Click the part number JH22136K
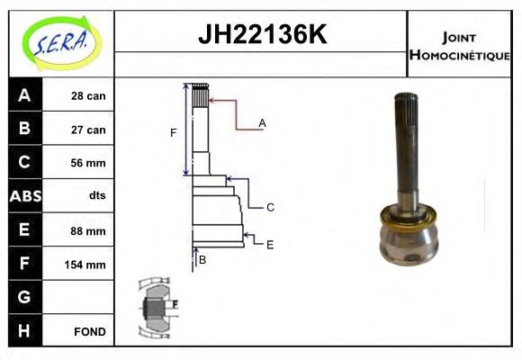[x=262, y=34]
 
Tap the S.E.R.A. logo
[x=62, y=43]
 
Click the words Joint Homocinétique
[x=459, y=47]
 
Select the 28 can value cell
[x=78, y=94]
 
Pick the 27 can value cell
[x=78, y=129]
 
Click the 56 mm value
[x=88, y=163]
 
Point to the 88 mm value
[x=88, y=230]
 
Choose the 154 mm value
[x=85, y=265]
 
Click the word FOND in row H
[x=90, y=332]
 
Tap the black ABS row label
[x=25, y=196]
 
